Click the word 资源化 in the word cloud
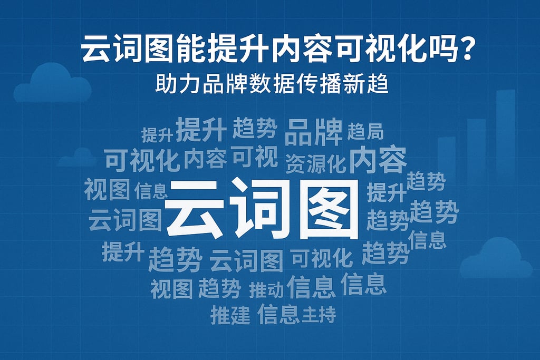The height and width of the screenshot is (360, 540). tap(315, 163)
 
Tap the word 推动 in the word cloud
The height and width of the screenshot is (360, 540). tap(266, 289)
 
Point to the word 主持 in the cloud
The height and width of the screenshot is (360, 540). tap(319, 315)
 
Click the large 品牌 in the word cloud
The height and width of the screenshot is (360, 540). tap(313, 132)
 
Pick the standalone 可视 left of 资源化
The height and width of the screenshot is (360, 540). tap(255, 156)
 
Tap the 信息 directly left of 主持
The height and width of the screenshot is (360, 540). tap(278, 315)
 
